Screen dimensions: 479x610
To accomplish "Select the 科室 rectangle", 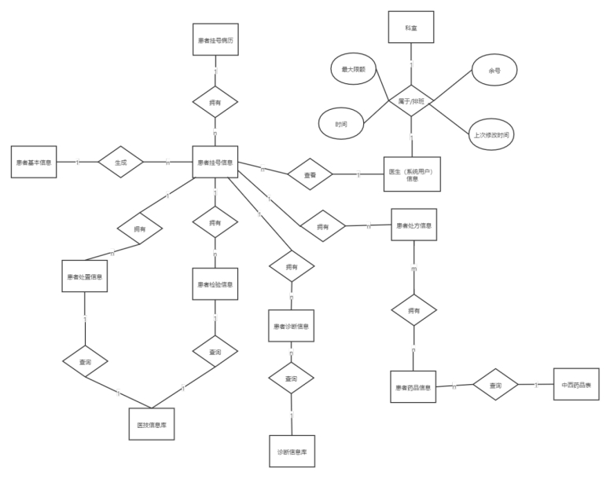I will pos(410,27).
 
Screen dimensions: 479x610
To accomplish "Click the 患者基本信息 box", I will pos(34,162).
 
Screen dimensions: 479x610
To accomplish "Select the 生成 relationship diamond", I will pos(121,163).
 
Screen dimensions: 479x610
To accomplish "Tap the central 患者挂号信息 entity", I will pos(215,162).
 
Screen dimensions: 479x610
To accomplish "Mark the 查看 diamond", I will pos(309,175).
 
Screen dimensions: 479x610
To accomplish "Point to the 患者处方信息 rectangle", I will pos(413,225).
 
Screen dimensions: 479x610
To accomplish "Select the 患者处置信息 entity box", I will pos(84,276).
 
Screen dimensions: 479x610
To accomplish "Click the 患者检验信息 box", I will pos(215,283).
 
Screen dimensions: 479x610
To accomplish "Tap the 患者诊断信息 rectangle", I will pos(291,326).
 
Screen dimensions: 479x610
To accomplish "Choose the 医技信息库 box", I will pos(152,424).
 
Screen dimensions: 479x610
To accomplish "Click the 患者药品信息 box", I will pos(413,387).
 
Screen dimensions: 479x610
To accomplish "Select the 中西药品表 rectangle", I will pos(575,386).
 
